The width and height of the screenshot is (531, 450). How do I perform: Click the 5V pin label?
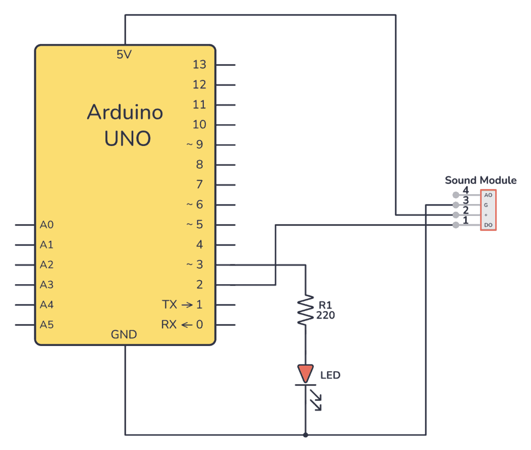(x=124, y=54)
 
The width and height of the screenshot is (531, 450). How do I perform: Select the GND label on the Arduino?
(x=124, y=335)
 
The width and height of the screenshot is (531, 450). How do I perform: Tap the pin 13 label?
(x=199, y=65)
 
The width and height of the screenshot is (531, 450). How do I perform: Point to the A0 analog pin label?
(x=47, y=225)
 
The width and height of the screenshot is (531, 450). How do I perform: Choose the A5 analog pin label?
(x=47, y=325)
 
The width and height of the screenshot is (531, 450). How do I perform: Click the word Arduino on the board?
(x=125, y=112)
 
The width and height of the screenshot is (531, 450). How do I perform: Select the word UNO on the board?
(x=128, y=139)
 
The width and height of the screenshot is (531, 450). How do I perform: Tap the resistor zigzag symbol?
(x=305, y=311)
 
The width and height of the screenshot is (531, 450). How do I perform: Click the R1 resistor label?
(x=325, y=306)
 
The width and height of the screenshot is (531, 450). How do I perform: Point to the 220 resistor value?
(x=326, y=314)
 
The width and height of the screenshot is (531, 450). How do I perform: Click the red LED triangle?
(x=305, y=373)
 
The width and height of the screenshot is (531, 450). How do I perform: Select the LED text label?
(x=330, y=375)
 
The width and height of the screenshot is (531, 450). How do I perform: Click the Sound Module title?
(x=481, y=180)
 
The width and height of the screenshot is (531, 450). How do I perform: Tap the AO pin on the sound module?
(x=488, y=195)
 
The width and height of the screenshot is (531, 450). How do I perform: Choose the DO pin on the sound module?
(x=488, y=225)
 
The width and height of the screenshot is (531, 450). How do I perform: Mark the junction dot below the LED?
(x=305, y=434)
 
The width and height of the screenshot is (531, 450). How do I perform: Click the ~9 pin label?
(x=195, y=144)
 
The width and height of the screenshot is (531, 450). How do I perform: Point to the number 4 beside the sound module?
(x=466, y=190)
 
